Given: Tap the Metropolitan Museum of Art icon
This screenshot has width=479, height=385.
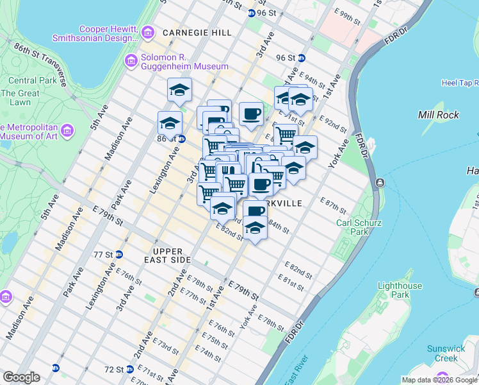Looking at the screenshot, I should (x=68, y=131).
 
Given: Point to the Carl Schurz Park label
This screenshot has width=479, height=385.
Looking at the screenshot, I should (x=353, y=227).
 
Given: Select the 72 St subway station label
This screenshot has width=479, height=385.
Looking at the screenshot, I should (x=113, y=370).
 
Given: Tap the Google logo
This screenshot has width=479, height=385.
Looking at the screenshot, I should (x=20, y=377).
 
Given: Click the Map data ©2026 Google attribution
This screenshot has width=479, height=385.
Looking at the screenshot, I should (x=440, y=380).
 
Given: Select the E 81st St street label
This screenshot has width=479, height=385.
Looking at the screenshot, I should (x=291, y=281).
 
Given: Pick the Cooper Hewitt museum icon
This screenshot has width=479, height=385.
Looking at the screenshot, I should (x=148, y=31).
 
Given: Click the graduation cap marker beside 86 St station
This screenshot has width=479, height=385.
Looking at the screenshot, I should (x=170, y=123).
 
